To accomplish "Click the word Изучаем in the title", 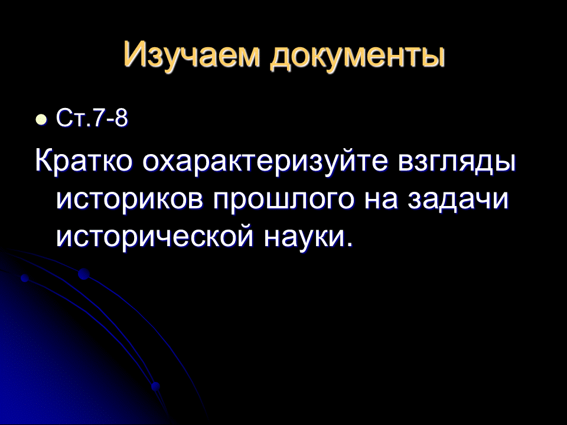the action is click(191, 55).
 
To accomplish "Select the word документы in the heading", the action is click(358, 57).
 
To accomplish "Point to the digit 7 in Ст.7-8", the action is click(99, 118).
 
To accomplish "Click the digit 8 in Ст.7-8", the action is click(121, 118).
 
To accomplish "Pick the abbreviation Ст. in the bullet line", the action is click(74, 118).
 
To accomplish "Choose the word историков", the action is click(130, 200).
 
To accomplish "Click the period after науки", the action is click(348, 244).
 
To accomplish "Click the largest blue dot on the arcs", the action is click(83, 274).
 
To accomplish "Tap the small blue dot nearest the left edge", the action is click(25, 278).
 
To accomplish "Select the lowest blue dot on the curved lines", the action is click(155, 386).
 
